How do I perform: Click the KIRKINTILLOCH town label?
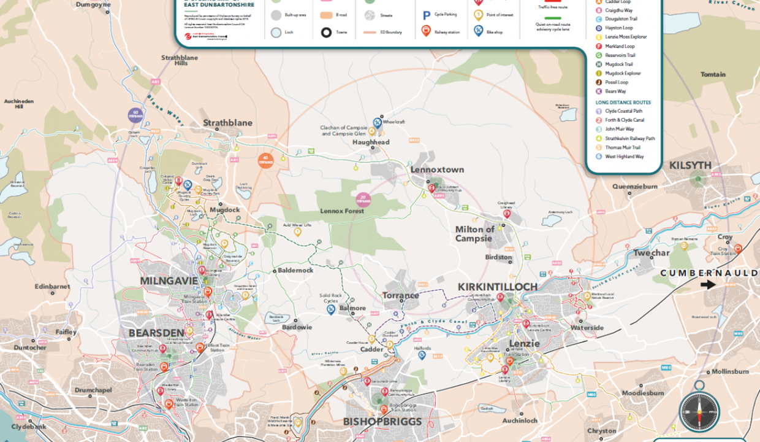[498, 287]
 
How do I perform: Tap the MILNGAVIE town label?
[169, 281]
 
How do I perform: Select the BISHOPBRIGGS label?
[382, 422]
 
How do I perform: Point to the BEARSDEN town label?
[156, 333]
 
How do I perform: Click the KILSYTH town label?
[690, 166]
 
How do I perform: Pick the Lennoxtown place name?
[437, 169]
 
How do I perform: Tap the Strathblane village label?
[227, 123]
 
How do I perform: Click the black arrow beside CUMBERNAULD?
[708, 284]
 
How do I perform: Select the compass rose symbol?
[699, 411]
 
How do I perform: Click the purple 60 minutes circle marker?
[135, 114]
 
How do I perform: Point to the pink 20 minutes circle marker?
[363, 199]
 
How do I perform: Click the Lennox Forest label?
[342, 211]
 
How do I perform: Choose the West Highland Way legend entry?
[624, 157]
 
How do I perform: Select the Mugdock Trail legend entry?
[618, 64]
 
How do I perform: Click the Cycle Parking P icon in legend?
[426, 15]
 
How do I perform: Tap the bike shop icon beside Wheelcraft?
[378, 122]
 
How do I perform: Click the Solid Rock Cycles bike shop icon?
[331, 310]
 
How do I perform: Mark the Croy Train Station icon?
[738, 249]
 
